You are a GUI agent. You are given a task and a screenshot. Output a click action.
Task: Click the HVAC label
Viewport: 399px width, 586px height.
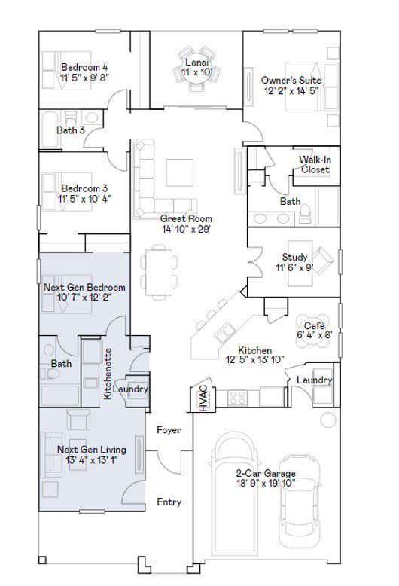point(203,398)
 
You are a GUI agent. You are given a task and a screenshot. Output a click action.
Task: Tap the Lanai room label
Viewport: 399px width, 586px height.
point(197,63)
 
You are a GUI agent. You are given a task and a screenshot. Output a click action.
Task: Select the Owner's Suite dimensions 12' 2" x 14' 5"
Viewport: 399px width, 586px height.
point(291,90)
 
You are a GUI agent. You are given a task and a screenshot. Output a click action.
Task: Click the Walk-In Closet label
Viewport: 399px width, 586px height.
point(315,165)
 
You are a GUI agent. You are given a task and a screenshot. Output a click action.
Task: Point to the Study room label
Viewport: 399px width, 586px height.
point(295,257)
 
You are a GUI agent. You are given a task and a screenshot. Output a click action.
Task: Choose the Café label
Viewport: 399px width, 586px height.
point(314,325)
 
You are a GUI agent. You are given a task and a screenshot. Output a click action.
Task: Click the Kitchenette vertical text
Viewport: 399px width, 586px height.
point(108,374)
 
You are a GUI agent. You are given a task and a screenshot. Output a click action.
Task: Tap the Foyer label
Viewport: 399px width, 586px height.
point(169,430)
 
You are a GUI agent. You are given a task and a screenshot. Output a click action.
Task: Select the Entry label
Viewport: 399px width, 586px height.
point(169,502)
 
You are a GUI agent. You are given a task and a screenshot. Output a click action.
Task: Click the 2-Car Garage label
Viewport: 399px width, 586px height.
point(266,473)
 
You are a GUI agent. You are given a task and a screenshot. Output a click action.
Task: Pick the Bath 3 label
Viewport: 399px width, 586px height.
point(71,130)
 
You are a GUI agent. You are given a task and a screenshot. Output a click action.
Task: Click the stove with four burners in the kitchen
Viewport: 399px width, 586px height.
point(238,397)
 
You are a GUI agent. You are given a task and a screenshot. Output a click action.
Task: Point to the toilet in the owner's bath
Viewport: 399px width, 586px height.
point(305,213)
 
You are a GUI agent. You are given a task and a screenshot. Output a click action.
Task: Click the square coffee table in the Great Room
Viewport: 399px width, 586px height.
point(180,173)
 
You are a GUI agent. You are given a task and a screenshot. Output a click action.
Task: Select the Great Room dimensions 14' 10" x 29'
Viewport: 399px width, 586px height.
point(187,229)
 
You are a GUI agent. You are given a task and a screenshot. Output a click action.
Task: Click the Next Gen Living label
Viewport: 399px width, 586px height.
point(92,450)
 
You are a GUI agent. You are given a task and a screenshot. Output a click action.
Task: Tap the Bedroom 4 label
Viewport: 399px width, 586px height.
point(84,67)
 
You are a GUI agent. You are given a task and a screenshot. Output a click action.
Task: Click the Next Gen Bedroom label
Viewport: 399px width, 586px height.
point(84,288)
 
